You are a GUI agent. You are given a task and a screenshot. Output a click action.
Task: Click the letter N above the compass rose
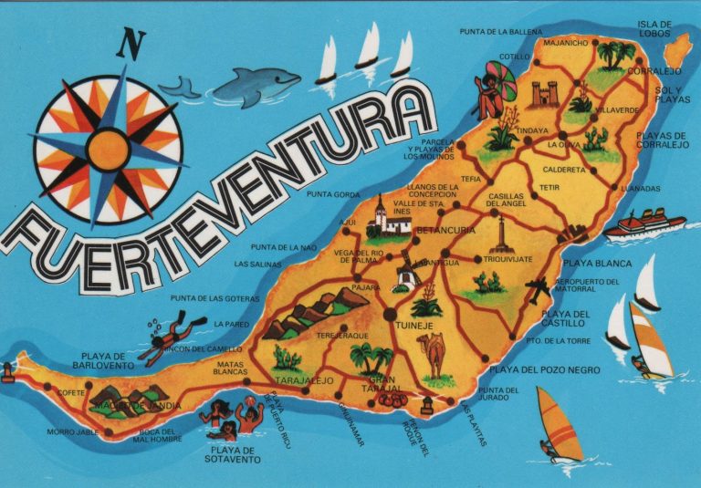click(x=135, y=43)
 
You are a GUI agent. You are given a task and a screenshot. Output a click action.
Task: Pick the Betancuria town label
click(x=445, y=231)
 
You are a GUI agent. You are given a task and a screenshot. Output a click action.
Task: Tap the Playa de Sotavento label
click(x=235, y=454)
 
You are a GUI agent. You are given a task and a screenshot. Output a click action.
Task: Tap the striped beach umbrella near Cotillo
click(x=500, y=79)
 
